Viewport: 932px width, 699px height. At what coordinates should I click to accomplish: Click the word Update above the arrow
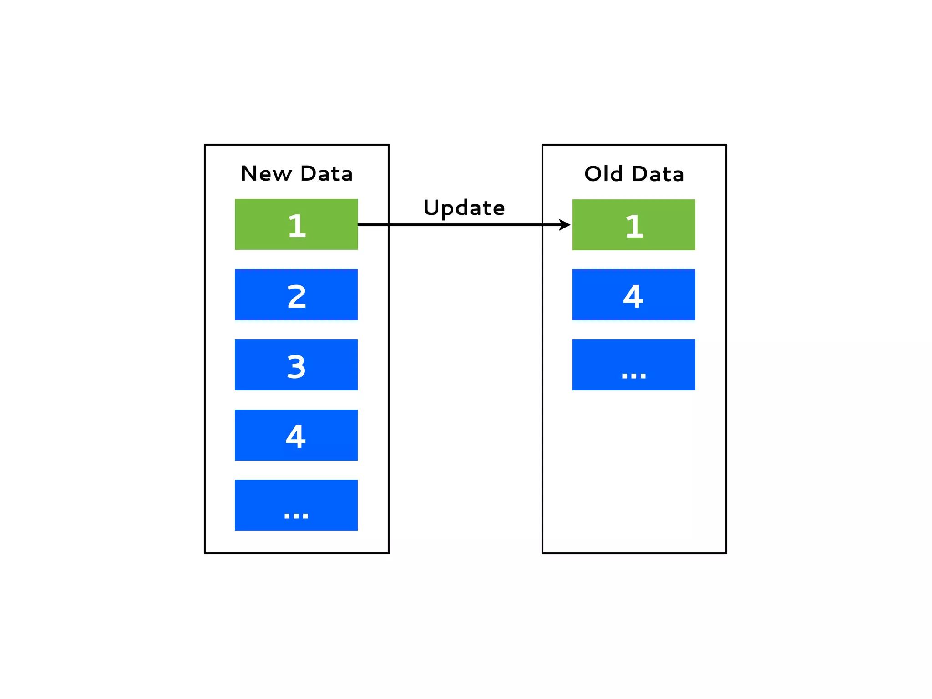(464, 208)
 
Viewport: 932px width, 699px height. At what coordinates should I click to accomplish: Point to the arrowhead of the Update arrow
(565, 225)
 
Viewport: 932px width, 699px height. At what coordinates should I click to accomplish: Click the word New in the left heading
(266, 173)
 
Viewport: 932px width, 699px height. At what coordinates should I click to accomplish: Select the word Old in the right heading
(603, 173)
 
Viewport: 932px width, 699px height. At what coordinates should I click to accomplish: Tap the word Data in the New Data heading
(326, 173)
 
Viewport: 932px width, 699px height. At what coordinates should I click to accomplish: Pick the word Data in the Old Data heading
(658, 173)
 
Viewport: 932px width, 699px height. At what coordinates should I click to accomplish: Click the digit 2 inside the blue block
(297, 296)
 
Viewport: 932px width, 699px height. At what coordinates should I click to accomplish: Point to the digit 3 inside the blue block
(296, 366)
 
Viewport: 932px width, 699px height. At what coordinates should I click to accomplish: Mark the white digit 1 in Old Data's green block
(634, 226)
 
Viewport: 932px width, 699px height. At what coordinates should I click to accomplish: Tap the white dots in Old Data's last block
(633, 375)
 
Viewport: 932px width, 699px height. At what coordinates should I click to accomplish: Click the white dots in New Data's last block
(296, 516)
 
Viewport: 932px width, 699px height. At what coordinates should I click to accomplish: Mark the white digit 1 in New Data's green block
(297, 226)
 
